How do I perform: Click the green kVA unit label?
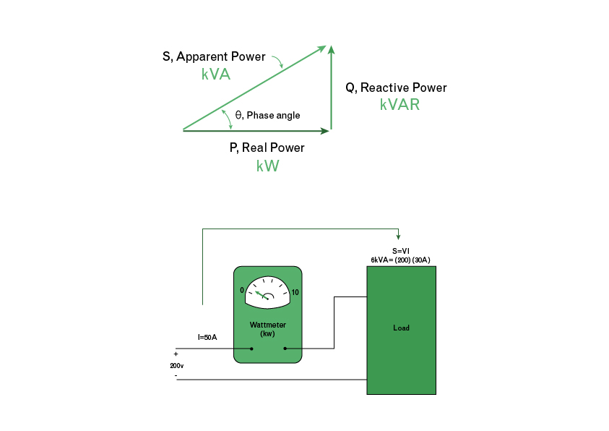pyautogui.click(x=216, y=74)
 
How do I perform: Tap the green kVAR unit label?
pyautogui.click(x=399, y=104)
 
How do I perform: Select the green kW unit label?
pyautogui.click(x=267, y=166)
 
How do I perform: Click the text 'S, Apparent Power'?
pyautogui.click(x=214, y=56)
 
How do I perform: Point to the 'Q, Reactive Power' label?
pyautogui.click(x=396, y=88)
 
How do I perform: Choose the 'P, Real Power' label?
pyautogui.click(x=267, y=148)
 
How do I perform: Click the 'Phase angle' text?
pyautogui.click(x=273, y=115)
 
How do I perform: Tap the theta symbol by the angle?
pyautogui.click(x=239, y=114)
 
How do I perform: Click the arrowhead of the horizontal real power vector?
pyautogui.click(x=324, y=131)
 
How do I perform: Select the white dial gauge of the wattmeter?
pyautogui.click(x=267, y=292)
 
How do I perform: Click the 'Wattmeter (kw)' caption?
pyautogui.click(x=267, y=329)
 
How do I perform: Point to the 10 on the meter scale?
pyautogui.click(x=295, y=293)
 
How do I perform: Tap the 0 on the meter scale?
pyautogui.click(x=242, y=290)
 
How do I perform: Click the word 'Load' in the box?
pyautogui.click(x=401, y=328)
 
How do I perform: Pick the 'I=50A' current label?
pyautogui.click(x=207, y=337)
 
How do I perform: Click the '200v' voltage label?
pyautogui.click(x=177, y=366)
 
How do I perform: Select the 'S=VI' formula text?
pyautogui.click(x=401, y=251)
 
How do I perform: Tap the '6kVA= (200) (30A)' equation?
pyautogui.click(x=401, y=259)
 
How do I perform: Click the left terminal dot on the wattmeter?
pyautogui.click(x=251, y=349)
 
